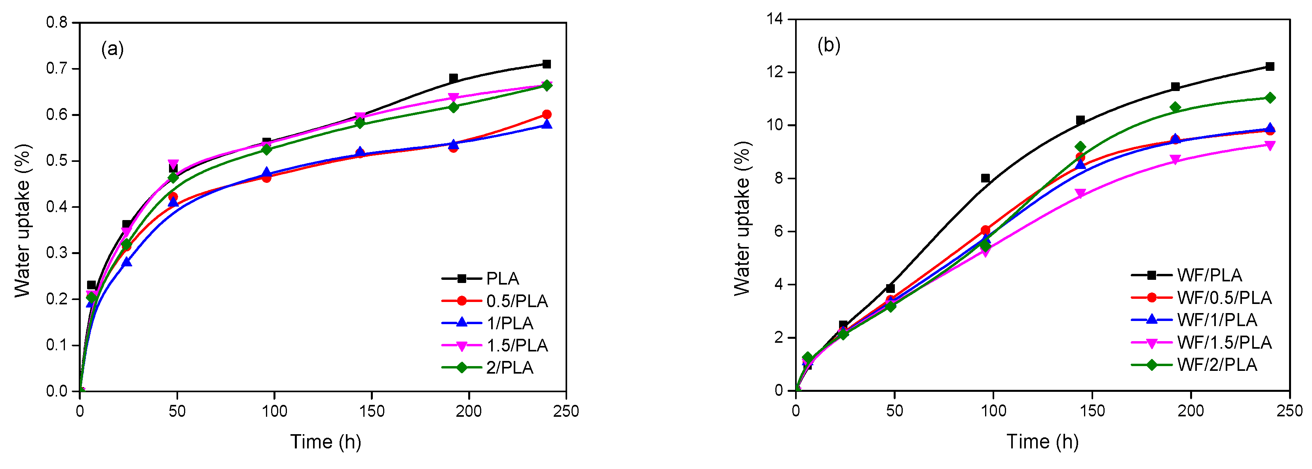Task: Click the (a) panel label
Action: pos(112,49)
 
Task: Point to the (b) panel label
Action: pos(829,46)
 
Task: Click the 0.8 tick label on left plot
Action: pos(57,23)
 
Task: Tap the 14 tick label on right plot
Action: pos(775,19)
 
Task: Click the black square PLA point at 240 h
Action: pos(547,64)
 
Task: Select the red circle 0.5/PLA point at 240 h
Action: pos(547,114)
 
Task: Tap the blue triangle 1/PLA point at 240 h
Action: pos(547,124)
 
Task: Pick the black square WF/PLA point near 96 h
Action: pos(985,178)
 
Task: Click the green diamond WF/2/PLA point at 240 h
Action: pos(1270,98)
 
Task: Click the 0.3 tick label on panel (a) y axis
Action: pos(57,253)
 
